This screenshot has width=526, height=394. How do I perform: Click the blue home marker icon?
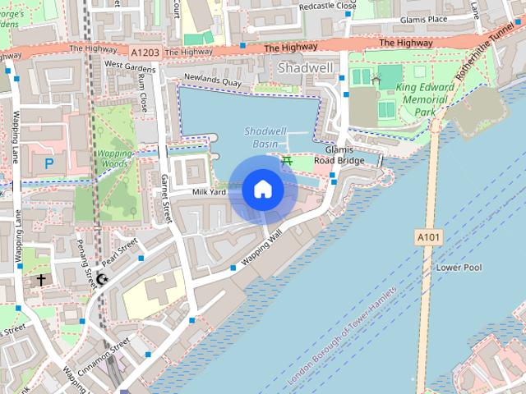point(262,189)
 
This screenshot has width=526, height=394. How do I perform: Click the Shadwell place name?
point(305,67)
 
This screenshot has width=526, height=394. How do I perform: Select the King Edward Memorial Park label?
point(425,99)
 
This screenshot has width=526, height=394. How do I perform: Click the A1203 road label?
point(145,51)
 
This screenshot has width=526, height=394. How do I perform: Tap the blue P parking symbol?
point(49,163)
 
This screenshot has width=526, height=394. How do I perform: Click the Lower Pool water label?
point(459,268)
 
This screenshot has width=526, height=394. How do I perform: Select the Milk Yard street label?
point(209,192)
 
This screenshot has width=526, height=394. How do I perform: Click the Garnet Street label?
point(168,197)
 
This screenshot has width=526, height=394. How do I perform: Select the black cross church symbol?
point(41,280)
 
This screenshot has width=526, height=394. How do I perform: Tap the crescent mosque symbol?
point(102,280)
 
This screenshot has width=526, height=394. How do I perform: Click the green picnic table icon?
point(287,161)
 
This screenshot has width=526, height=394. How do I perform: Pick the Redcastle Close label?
point(328,6)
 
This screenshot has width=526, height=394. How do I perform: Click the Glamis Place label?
point(424,19)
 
